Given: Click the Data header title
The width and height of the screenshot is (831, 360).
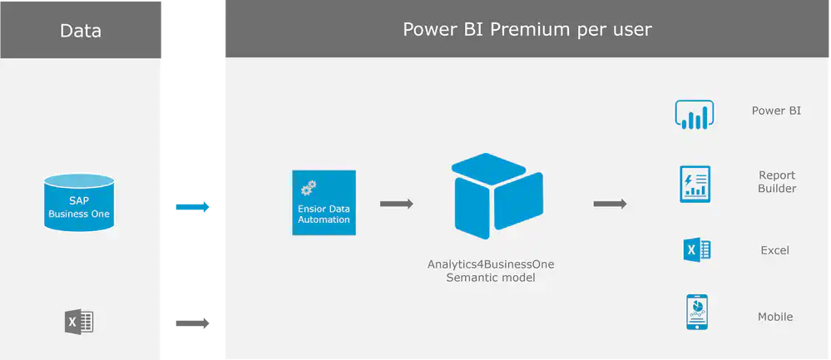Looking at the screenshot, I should (81, 32).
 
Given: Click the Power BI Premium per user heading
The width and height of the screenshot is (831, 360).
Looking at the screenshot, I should (527, 30).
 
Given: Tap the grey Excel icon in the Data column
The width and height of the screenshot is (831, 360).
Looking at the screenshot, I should (79, 322).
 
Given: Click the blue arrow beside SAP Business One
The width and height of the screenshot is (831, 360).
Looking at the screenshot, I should (193, 207).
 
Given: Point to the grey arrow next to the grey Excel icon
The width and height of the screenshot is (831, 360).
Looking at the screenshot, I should (193, 323).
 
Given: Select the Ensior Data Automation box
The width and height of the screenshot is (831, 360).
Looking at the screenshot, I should (324, 203).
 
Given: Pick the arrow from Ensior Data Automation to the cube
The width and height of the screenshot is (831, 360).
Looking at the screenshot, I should (397, 204).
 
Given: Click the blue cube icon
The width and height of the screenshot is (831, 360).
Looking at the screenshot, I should (497, 196).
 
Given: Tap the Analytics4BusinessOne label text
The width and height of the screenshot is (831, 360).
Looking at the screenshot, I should (491, 264).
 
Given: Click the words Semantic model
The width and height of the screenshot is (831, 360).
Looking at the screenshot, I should (491, 278).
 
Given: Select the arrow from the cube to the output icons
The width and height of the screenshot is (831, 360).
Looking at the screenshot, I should (610, 204).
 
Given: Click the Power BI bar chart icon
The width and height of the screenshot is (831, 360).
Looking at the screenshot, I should (694, 116).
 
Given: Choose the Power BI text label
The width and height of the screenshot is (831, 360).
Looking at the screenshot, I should (776, 111).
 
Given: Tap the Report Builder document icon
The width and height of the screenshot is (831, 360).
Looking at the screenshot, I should (695, 184).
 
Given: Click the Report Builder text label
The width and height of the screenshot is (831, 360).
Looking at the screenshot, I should (777, 182).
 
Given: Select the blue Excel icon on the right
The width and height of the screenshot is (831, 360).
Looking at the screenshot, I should (696, 250).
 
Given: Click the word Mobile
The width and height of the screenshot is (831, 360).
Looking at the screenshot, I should (775, 317).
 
